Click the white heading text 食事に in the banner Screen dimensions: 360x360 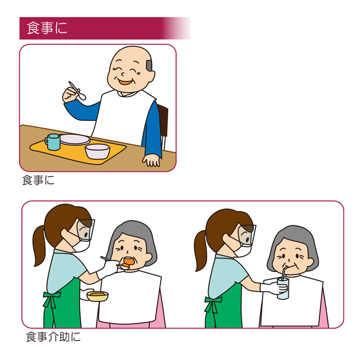tap(47, 28)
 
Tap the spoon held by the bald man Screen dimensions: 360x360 tap(77, 91)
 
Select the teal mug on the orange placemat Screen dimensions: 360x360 tap(53, 142)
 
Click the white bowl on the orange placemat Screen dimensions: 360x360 tap(98, 152)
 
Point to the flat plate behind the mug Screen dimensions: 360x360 tap(75, 139)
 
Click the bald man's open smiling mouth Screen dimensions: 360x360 tap(125, 81)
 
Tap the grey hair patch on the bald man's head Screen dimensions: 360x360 tap(149, 65)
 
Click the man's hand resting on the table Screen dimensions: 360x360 tap(151, 160)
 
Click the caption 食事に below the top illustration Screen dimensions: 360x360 tap(39, 180)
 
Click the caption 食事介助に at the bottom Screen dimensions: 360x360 tap(53, 337)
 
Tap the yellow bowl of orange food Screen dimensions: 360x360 tap(98, 296)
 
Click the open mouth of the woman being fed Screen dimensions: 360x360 tap(129, 261)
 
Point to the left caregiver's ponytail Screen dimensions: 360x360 tap(39, 246)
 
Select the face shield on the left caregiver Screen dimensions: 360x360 tap(86, 230)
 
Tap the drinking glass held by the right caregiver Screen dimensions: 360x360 tap(283, 289)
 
